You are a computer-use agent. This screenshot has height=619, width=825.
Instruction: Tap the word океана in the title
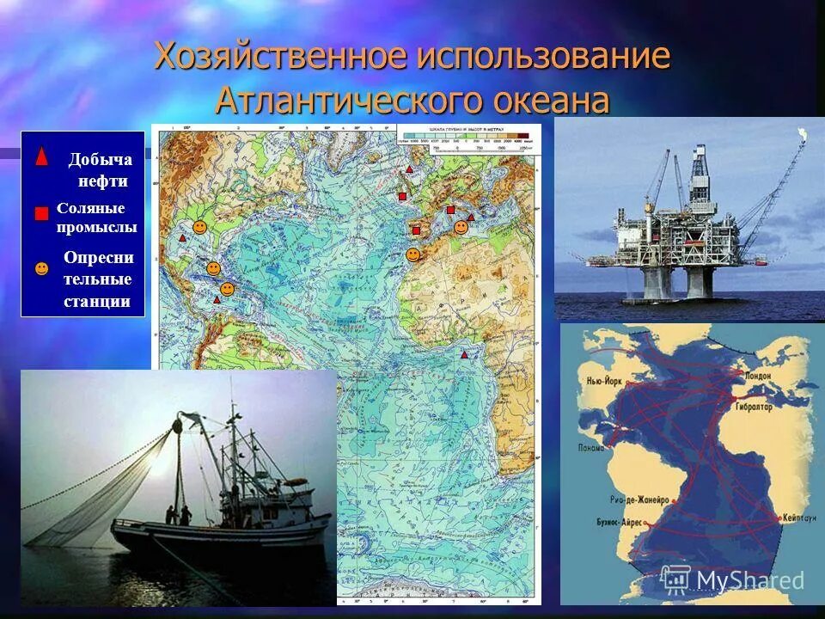(x=551, y=100)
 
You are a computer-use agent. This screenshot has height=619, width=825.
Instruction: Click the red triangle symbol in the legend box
(x=41, y=157)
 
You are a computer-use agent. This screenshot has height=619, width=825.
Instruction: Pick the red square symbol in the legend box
(x=41, y=214)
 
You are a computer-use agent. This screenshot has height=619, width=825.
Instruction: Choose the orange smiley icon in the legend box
(x=41, y=269)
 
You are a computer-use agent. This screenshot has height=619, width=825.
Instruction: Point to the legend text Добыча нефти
(x=100, y=169)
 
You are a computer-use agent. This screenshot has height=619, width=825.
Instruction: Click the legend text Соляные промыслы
(x=96, y=218)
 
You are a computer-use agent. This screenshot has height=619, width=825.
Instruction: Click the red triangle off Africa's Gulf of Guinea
(x=464, y=354)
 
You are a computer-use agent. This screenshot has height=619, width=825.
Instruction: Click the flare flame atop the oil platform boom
(x=803, y=134)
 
